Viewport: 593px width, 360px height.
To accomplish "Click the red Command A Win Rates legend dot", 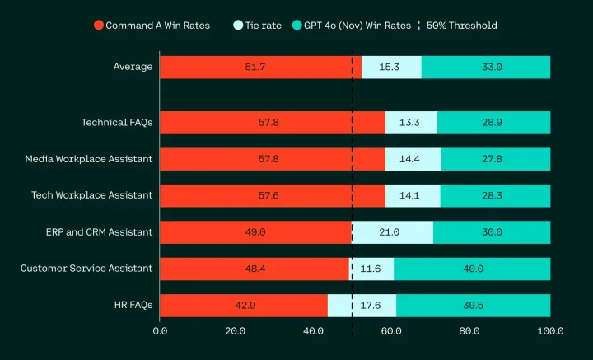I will [x=99, y=26].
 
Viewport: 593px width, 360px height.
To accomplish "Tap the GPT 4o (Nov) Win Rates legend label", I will [x=357, y=26].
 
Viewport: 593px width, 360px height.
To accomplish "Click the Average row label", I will [x=133, y=67].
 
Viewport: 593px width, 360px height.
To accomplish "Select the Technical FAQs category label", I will [x=117, y=123].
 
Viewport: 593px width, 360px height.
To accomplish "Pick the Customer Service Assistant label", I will [x=86, y=269].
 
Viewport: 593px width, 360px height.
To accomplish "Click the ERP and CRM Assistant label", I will [x=99, y=232].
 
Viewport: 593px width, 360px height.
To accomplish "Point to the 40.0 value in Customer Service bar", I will [x=472, y=269].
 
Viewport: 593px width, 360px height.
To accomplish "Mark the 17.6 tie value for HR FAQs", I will [x=371, y=305].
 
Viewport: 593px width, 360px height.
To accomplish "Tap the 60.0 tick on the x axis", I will [x=392, y=331].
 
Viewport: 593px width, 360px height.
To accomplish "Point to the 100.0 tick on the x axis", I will [x=550, y=331].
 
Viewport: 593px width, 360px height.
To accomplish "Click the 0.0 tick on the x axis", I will [x=160, y=331].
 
